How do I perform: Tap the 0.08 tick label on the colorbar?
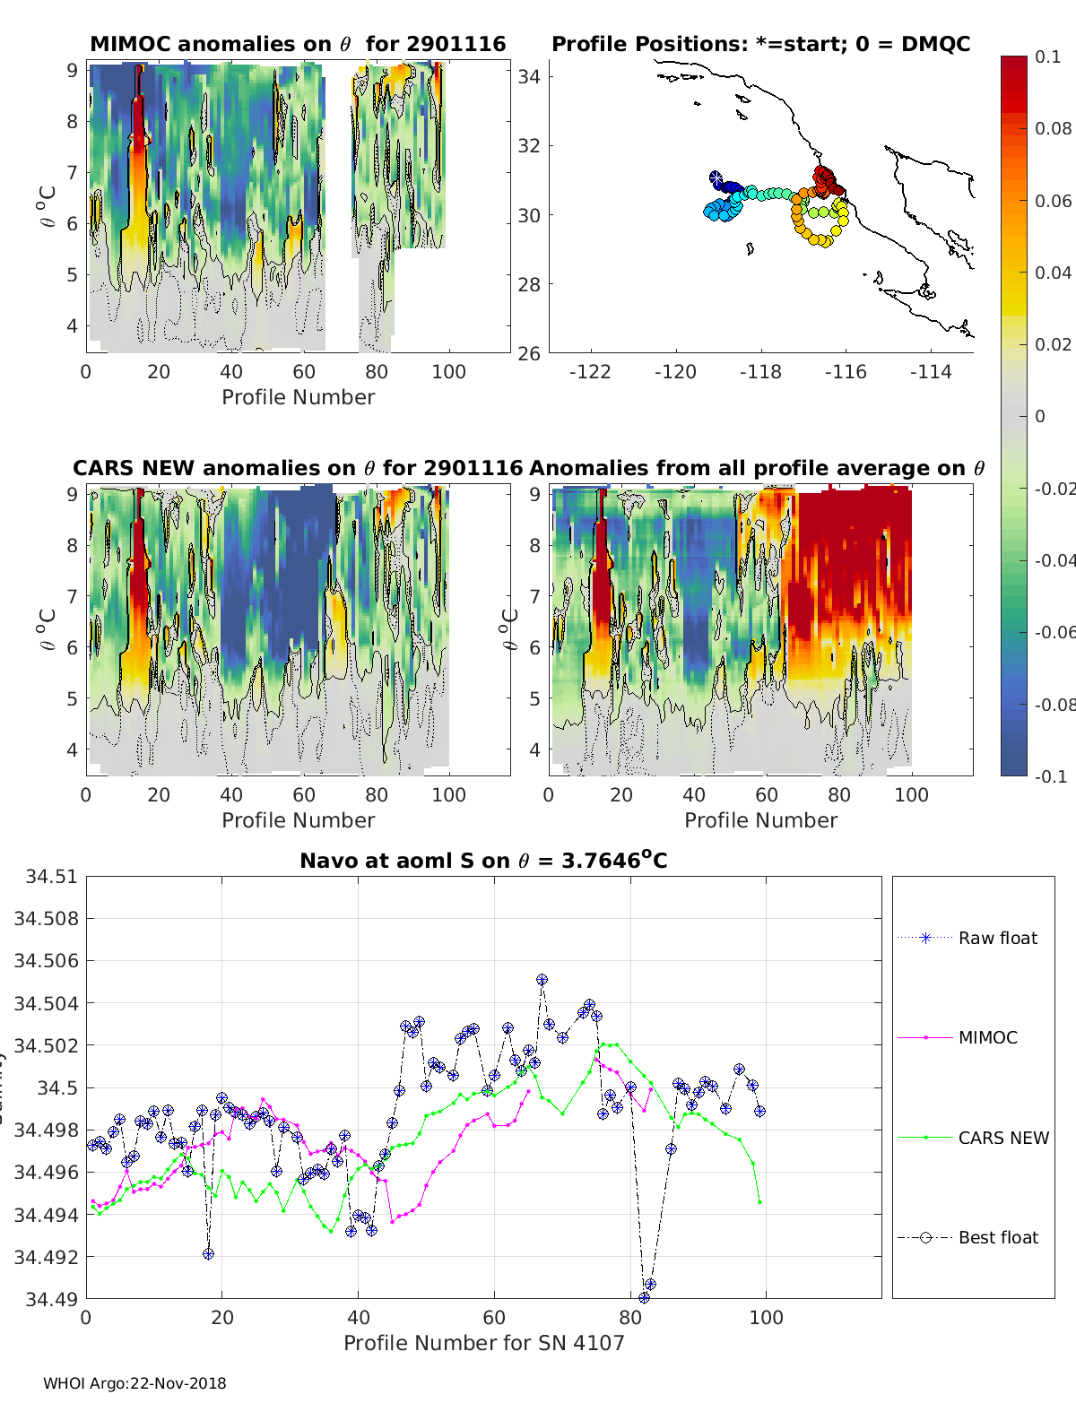click(1053, 128)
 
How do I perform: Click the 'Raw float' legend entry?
click(997, 938)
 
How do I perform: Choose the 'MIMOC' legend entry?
click(987, 1037)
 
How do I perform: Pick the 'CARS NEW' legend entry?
click(1002, 1138)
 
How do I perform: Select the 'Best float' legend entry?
click(997, 1237)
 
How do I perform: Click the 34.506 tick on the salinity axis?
click(46, 960)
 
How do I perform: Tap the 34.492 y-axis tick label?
click(46, 1257)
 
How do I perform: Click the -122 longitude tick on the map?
click(590, 371)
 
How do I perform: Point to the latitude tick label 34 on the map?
click(529, 76)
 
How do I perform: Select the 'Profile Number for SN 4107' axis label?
click(483, 1342)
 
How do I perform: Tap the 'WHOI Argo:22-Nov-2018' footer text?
click(134, 1383)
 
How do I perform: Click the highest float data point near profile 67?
click(542, 980)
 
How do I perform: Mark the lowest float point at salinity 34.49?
click(644, 1297)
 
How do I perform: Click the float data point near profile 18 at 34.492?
click(208, 1253)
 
